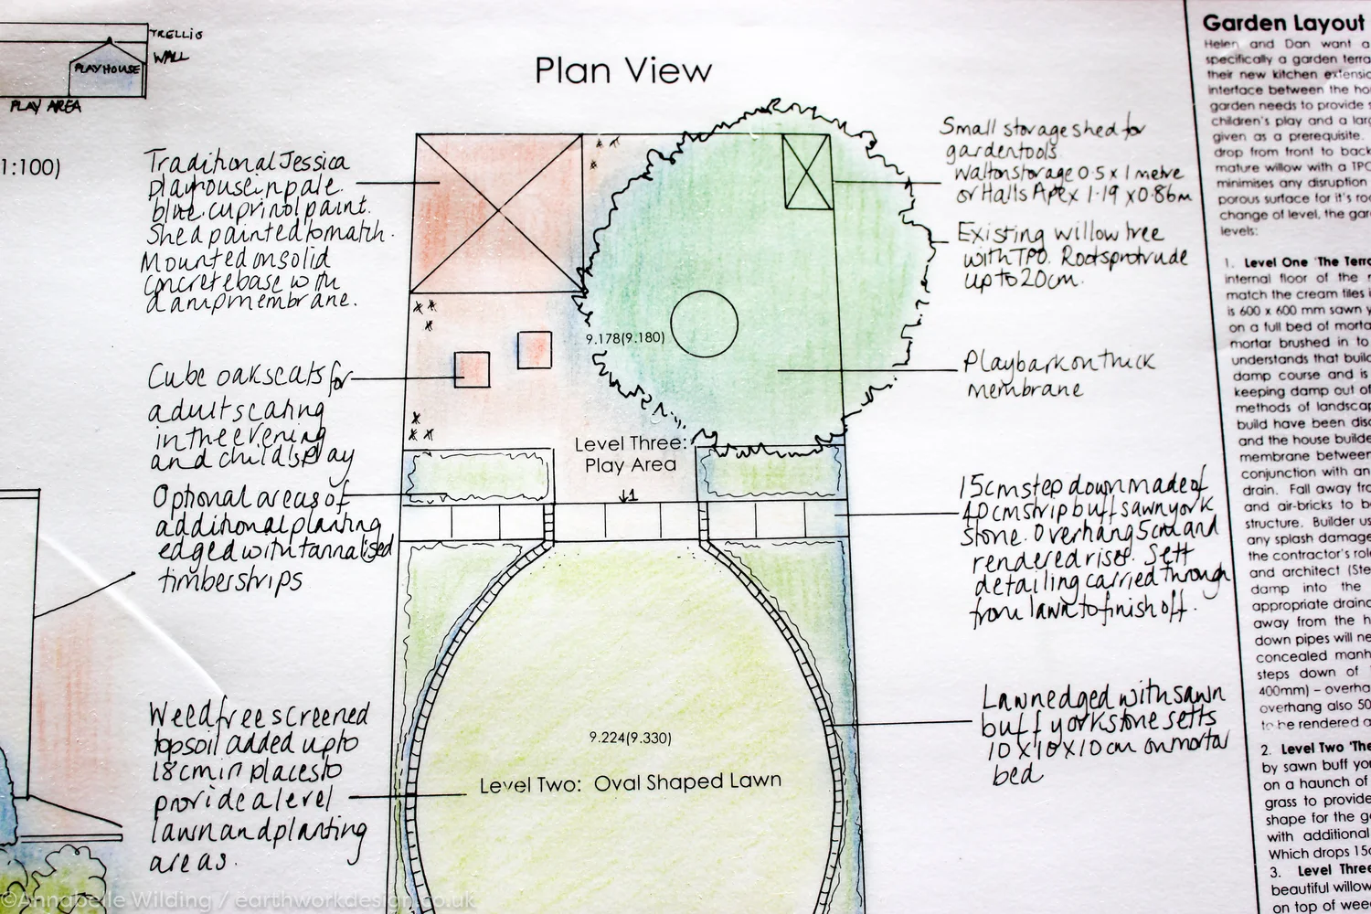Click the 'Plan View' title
click(623, 70)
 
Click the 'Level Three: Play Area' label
click(630, 454)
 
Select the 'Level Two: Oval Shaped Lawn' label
click(631, 782)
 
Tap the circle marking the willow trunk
click(704, 324)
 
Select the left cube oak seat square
click(473, 368)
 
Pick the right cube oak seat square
click(534, 349)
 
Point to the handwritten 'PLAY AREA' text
click(46, 107)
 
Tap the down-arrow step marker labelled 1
click(627, 496)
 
